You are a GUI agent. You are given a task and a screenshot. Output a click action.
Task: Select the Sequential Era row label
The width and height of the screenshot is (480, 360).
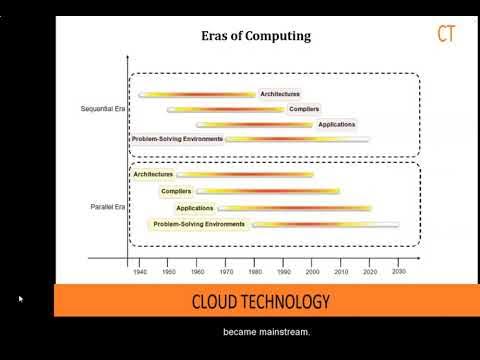tap(102, 107)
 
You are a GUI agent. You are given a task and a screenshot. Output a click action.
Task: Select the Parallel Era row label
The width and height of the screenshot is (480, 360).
tap(107, 207)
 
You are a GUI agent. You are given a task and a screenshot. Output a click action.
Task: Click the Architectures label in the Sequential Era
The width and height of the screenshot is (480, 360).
tap(280, 94)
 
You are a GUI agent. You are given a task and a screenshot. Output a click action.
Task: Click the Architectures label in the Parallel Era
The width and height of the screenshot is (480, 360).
tap(153, 174)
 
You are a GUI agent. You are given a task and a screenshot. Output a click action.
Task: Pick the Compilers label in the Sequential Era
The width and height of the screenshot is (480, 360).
tap(304, 109)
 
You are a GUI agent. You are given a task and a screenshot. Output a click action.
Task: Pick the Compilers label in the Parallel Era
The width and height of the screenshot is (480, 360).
tap(176, 190)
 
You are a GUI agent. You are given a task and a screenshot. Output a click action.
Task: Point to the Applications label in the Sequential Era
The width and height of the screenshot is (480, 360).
tap(336, 124)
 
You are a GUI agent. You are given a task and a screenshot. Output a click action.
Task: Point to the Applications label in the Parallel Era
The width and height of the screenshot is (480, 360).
tap(195, 208)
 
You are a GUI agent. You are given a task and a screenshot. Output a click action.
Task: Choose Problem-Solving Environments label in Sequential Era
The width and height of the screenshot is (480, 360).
tap(177, 139)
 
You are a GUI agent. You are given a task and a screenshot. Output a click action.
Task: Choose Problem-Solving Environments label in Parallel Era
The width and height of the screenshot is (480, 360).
tap(199, 224)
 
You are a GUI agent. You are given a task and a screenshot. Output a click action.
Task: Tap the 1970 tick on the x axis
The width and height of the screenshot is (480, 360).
tap(226, 271)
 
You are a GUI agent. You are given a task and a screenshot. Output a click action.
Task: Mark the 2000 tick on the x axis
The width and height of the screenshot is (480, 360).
tap(313, 271)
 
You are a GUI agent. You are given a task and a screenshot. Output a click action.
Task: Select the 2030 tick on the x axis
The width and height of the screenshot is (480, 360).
tap(399, 271)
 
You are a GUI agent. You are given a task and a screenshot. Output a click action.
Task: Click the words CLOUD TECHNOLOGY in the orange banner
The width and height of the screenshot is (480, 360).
tap(260, 301)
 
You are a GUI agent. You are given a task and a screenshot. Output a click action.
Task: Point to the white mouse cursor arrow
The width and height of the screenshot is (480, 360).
tap(21, 299)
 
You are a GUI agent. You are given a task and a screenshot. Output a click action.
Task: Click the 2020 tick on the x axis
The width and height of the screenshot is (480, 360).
tap(371, 271)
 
